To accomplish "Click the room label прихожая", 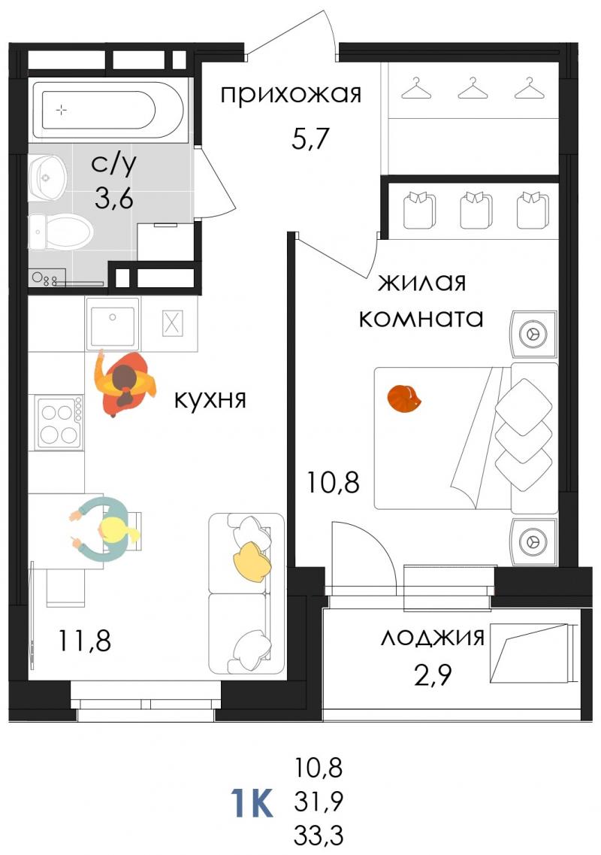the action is click(x=291, y=94).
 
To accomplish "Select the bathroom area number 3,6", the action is click(x=114, y=199).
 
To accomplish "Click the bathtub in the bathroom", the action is click(x=108, y=110).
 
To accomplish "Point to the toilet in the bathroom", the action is click(x=60, y=232).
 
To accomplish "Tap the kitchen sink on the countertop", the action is click(x=113, y=323).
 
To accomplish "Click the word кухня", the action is click(x=210, y=400).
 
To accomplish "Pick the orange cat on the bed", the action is click(x=403, y=399).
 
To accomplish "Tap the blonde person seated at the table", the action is click(x=107, y=529).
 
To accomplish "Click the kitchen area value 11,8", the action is click(x=84, y=641).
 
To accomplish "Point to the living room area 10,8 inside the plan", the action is click(x=333, y=482).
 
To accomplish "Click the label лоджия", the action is click(x=432, y=637).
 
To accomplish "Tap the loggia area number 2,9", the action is click(x=433, y=675).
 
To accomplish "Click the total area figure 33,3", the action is click(x=319, y=834).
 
